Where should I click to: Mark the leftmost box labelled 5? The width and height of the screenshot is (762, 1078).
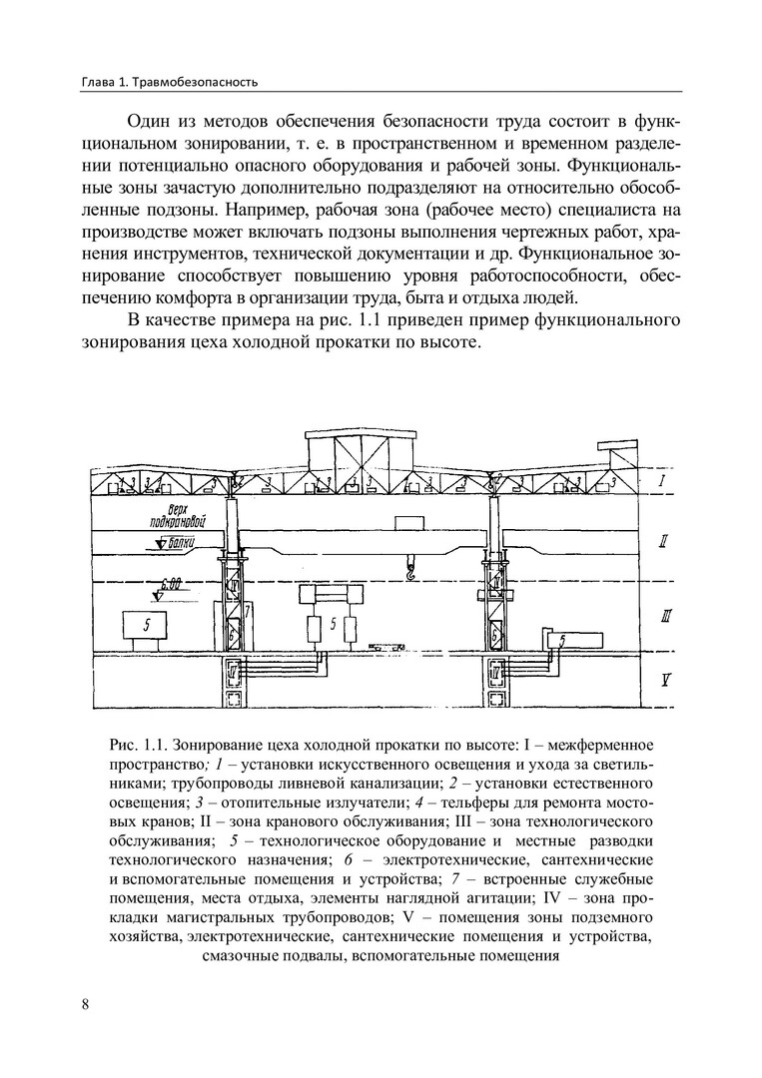coord(148,626)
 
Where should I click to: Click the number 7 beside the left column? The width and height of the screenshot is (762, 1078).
coord(249,609)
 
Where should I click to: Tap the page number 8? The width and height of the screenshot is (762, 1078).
coord(86,1004)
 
